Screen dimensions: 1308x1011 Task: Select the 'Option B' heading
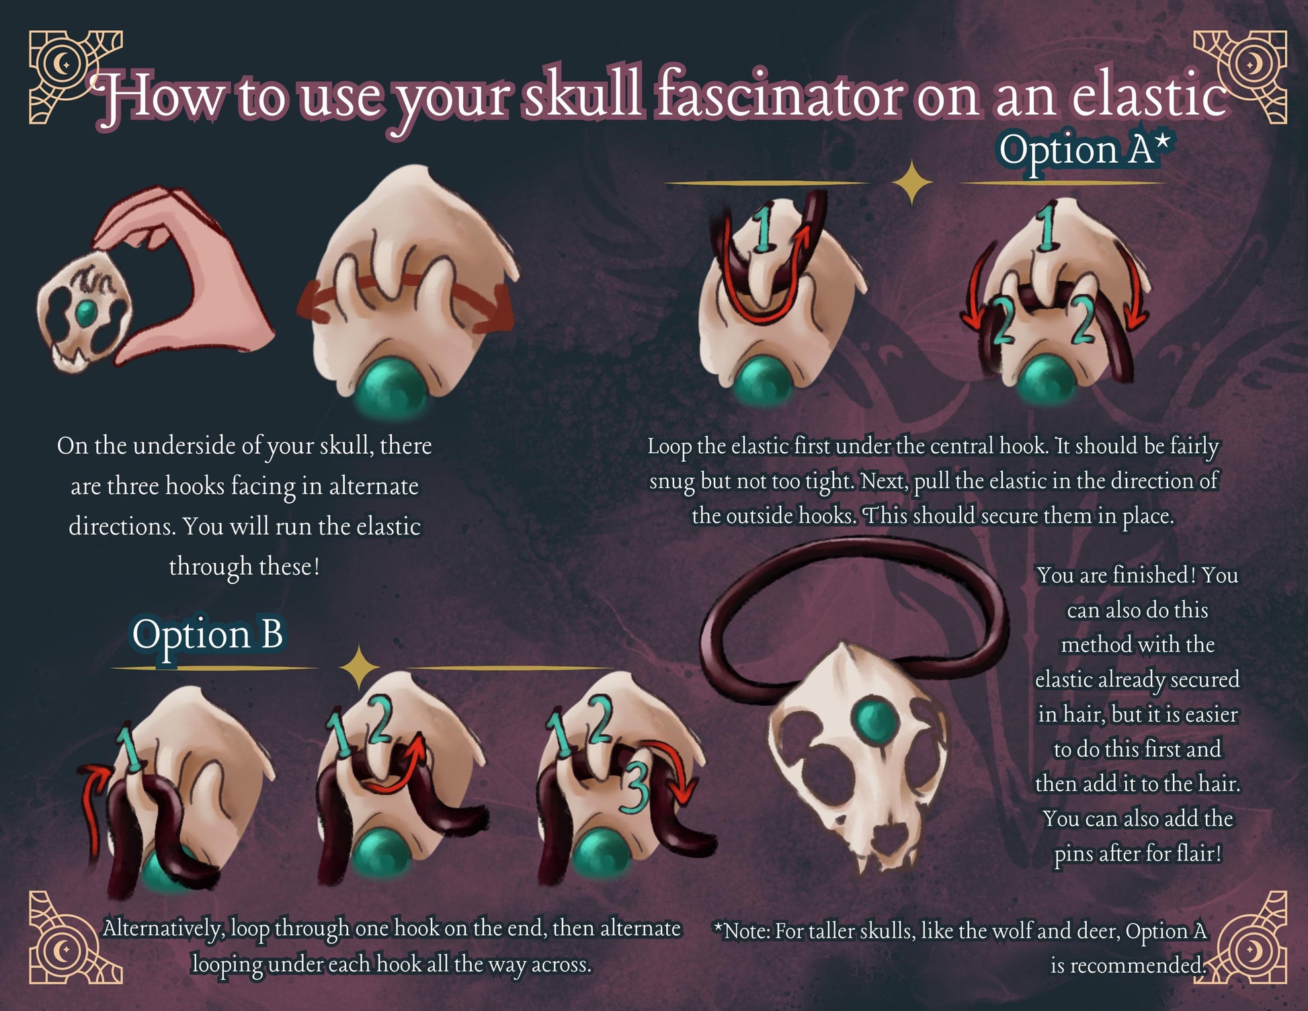tap(207, 636)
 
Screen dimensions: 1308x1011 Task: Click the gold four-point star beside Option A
tap(911, 182)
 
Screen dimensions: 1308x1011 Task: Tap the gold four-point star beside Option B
tap(360, 668)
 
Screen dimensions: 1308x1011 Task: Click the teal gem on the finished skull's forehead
tap(875, 718)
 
